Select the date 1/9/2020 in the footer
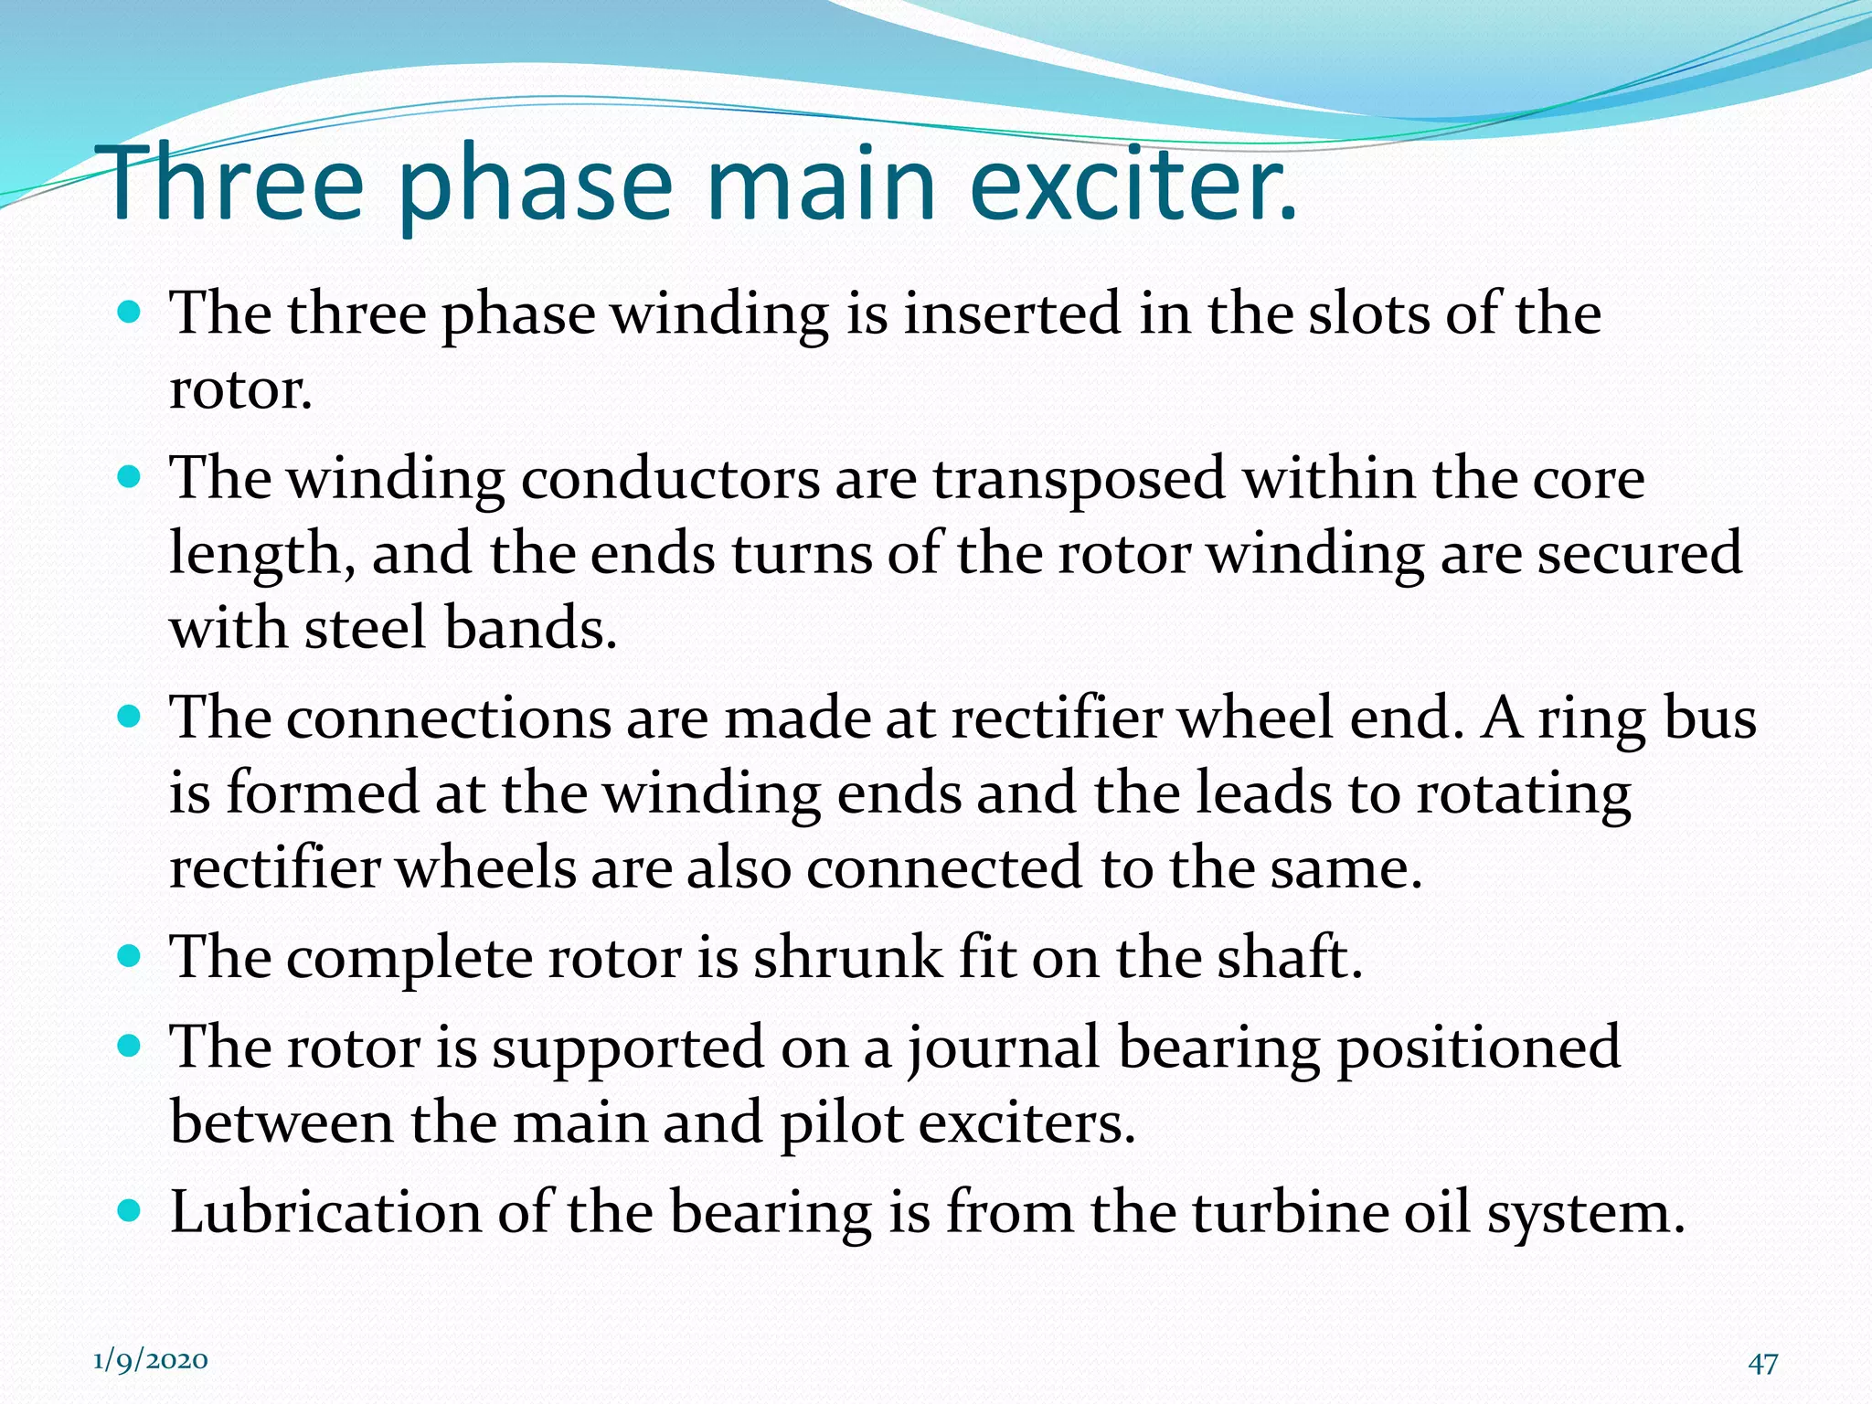pos(151,1360)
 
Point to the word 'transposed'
pos(1079,481)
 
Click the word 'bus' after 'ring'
pos(1710,718)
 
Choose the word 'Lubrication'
pos(325,1212)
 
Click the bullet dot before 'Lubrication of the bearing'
pos(131,1211)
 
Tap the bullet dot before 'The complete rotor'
pos(131,957)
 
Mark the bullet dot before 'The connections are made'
pos(131,717)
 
